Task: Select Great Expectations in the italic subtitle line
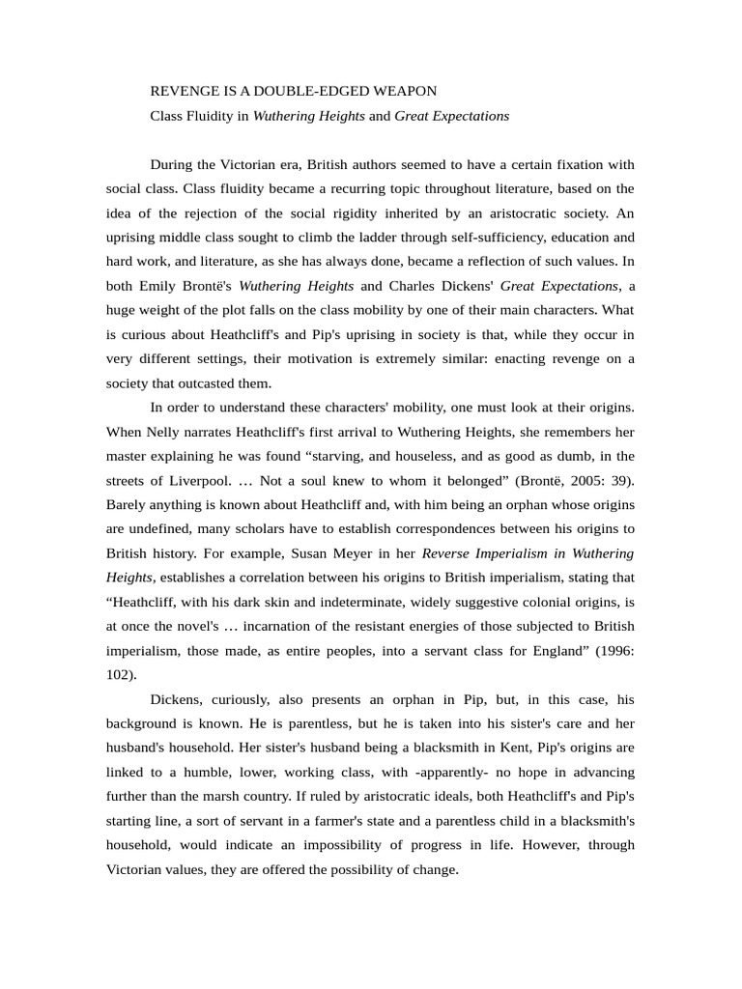451,116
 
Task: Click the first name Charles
416,286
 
